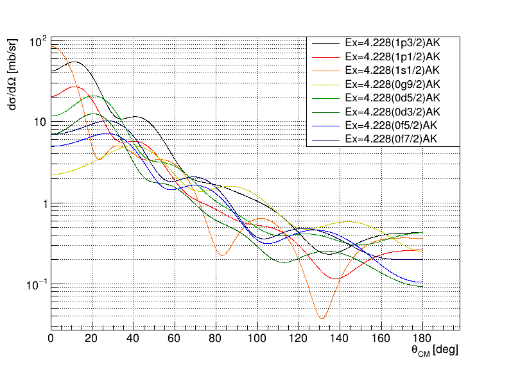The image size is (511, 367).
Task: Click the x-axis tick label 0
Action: click(x=51, y=339)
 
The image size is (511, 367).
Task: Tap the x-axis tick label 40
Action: click(x=134, y=339)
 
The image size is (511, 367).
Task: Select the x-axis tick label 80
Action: click(x=216, y=339)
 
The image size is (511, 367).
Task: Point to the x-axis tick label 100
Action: click(x=257, y=339)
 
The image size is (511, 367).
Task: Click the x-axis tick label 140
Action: click(x=340, y=339)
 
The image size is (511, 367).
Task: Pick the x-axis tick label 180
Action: click(x=422, y=339)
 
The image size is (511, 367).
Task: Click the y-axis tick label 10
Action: click(x=38, y=123)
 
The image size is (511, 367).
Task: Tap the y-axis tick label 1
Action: click(x=42, y=203)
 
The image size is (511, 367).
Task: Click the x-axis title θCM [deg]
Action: click(x=435, y=352)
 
